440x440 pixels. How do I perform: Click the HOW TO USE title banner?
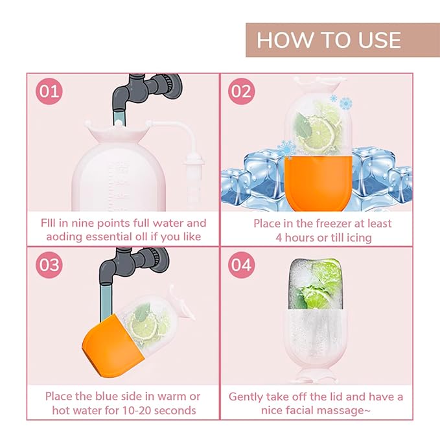(328, 40)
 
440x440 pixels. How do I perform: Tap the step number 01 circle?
(50, 91)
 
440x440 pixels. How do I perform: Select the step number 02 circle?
(240, 91)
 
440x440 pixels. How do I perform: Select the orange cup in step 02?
(317, 185)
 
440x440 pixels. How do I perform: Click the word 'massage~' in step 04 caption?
(362, 410)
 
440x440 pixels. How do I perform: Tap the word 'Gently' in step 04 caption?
(247, 396)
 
